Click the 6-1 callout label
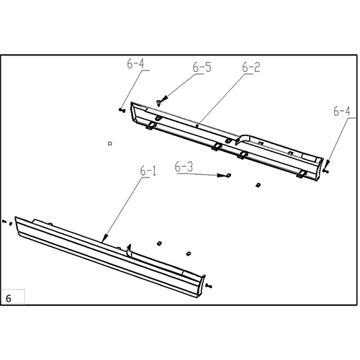tap(148, 171)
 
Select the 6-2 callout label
tap(251, 68)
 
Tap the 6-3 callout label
tap(184, 166)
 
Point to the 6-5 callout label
tap(202, 68)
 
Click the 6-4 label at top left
tap(135, 64)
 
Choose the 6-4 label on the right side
tap(343, 112)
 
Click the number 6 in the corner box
tap(9, 297)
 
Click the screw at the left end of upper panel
tap(121, 109)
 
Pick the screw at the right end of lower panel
tap(209, 287)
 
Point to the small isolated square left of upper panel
tap(109, 143)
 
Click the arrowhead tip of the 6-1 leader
tap(104, 240)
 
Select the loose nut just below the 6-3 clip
tap(256, 184)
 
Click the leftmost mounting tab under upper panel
tap(152, 127)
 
